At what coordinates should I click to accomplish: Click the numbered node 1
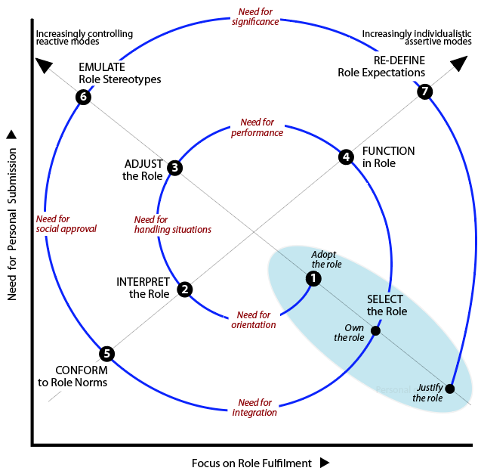313,278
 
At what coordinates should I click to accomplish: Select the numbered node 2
184,289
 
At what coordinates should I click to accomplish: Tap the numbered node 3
174,168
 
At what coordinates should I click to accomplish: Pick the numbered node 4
346,157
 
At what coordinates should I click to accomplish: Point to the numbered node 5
106,353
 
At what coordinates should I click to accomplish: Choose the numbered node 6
83,97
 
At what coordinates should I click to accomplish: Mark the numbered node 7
424,91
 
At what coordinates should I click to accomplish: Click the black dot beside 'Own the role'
376,331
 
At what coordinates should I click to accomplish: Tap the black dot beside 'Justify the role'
450,389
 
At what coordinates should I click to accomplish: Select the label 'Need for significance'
256,17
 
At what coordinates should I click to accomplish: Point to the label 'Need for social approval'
66,224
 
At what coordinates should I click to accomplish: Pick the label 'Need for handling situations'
172,225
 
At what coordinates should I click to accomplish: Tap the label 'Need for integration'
255,407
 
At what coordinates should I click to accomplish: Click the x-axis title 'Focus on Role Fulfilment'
251,463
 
